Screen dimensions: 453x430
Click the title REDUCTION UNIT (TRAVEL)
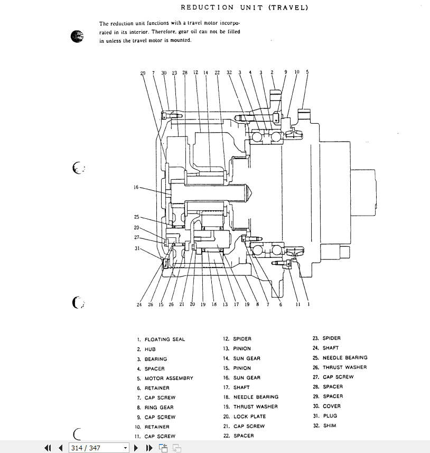click(245, 7)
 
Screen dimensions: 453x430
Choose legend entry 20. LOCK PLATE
click(244, 417)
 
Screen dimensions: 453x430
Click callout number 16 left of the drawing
click(136, 187)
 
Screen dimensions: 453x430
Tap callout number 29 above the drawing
click(143, 73)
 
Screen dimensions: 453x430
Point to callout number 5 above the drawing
click(307, 72)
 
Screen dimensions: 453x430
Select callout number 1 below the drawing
click(309, 304)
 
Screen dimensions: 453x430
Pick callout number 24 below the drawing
click(139, 305)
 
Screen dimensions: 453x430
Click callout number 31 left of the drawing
click(137, 248)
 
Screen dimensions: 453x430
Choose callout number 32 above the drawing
click(229, 72)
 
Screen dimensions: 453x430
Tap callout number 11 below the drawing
click(297, 304)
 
